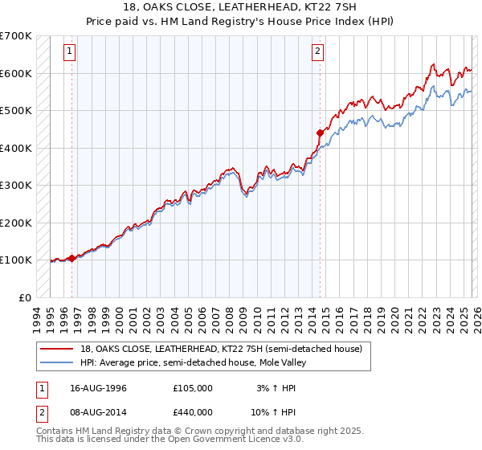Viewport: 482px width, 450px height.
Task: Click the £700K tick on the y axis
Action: pyautogui.click(x=16, y=36)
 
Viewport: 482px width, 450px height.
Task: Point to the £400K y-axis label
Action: pyautogui.click(x=16, y=148)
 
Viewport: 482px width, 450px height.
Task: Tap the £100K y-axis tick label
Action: pyautogui.click(x=16, y=260)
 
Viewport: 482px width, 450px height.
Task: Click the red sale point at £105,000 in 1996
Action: pyautogui.click(x=71, y=258)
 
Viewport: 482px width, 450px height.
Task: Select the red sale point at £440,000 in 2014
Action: pyautogui.click(x=319, y=133)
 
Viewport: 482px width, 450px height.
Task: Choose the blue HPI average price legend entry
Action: pyautogui.click(x=193, y=362)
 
